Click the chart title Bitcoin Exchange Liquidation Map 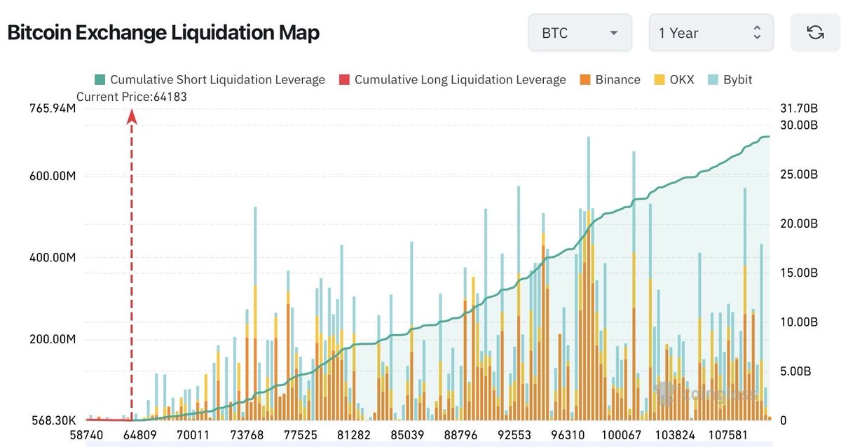click(163, 32)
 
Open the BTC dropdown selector click(580, 33)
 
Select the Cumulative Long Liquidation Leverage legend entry click(452, 80)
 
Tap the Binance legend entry click(609, 80)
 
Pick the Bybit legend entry click(730, 80)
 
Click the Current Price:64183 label click(132, 97)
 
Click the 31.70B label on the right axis click(798, 109)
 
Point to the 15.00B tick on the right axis click(798, 273)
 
